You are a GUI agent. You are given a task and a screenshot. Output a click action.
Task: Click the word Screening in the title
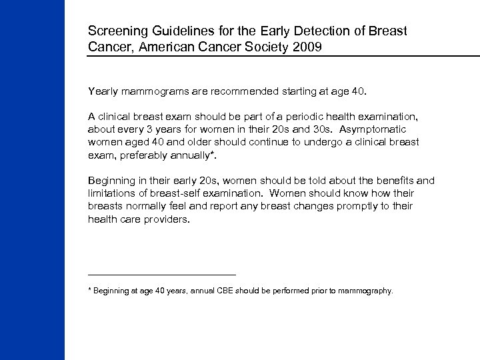[115, 32]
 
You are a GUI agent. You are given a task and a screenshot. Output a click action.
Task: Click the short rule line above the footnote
[161, 274]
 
